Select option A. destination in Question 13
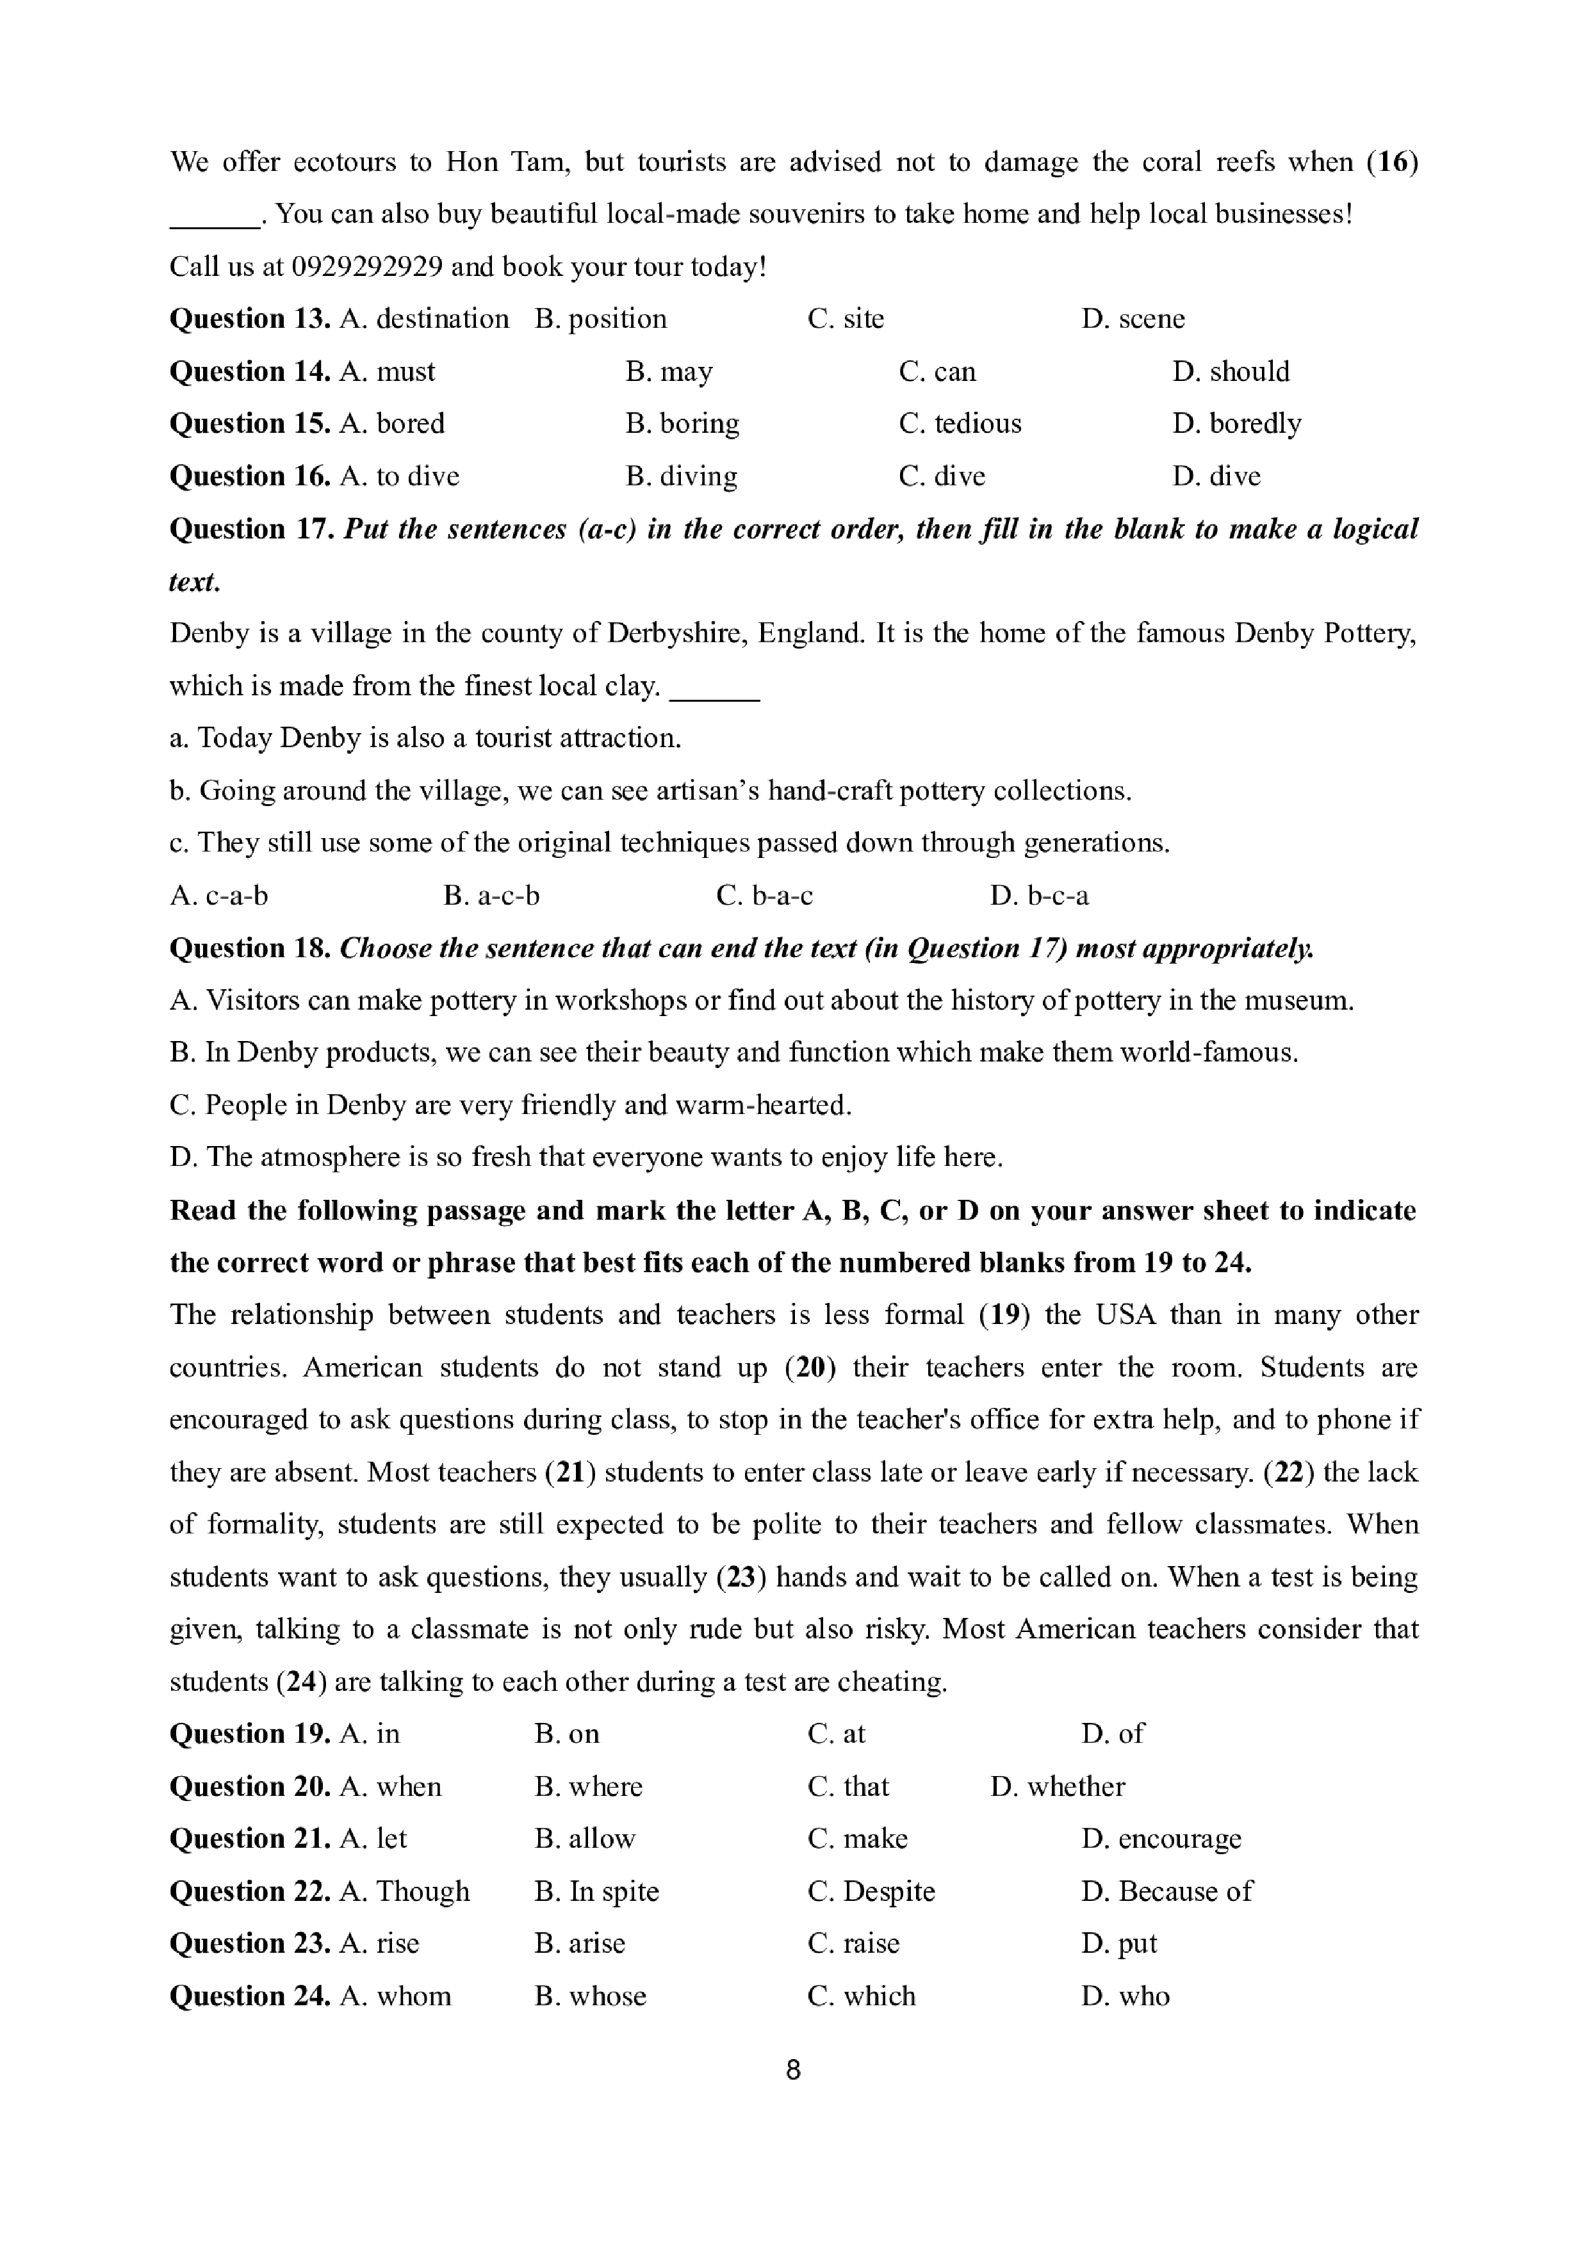[x=423, y=319]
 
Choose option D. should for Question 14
[x=1230, y=372]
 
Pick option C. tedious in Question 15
[x=960, y=424]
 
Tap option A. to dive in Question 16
[x=399, y=476]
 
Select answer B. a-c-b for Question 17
[x=491, y=896]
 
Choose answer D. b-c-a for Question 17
[x=1039, y=896]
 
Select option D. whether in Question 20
[x=1057, y=1787]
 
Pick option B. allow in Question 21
[x=584, y=1839]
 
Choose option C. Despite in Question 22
[x=871, y=1892]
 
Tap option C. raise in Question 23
[x=853, y=1944]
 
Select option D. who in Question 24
[x=1126, y=1996]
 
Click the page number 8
[x=794, y=2070]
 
